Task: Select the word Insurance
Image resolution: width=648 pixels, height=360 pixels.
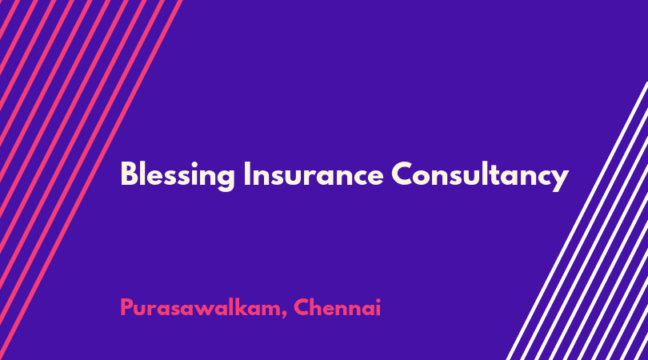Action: (314, 174)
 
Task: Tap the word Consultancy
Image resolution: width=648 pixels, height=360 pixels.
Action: (480, 176)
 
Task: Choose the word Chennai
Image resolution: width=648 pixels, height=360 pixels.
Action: (338, 307)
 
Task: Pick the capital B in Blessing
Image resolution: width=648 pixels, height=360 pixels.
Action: (129, 174)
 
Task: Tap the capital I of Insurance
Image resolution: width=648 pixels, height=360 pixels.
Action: (246, 174)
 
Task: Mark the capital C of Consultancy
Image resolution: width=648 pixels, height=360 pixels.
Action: (404, 174)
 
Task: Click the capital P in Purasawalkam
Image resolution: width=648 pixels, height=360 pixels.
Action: (127, 307)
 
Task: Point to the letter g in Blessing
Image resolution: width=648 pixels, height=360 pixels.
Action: (226, 180)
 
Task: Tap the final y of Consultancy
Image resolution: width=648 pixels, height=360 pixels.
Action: (559, 180)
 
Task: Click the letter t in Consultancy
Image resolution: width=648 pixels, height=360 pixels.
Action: (500, 175)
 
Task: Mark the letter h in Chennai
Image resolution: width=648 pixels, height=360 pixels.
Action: (321, 307)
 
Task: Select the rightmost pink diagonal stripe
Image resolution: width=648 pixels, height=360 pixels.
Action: (91, 180)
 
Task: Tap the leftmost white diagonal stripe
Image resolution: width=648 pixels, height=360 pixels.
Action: (578, 221)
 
